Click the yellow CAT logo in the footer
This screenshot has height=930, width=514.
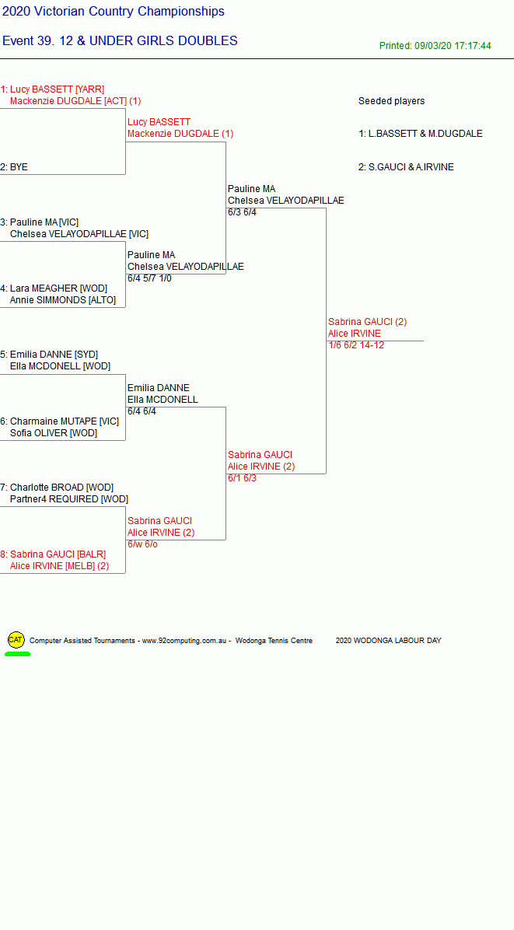[x=16, y=640]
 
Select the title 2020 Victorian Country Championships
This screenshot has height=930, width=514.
[x=114, y=11]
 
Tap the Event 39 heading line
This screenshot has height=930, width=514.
[x=120, y=41]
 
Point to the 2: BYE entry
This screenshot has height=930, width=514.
[x=14, y=167]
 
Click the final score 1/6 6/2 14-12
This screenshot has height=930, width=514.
[x=355, y=345]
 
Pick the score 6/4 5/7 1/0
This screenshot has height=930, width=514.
[x=149, y=278]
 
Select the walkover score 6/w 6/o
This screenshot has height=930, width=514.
[x=142, y=544]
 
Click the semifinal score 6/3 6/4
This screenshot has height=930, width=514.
[x=242, y=212]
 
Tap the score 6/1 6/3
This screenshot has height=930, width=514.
[x=242, y=478]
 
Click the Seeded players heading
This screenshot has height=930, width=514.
[x=391, y=101]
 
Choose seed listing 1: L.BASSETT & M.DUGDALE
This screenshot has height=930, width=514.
[x=421, y=134]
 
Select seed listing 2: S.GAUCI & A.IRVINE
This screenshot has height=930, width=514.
[x=405, y=167]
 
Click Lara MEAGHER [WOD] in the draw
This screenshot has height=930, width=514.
[x=58, y=288]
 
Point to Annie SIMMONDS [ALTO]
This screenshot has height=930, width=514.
[x=63, y=300]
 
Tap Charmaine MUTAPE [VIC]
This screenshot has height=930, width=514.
[x=64, y=421]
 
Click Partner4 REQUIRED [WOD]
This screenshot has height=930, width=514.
[x=68, y=499]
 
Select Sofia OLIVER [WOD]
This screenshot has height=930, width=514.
[x=54, y=433]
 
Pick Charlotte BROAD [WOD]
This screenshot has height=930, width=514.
[x=61, y=488]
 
